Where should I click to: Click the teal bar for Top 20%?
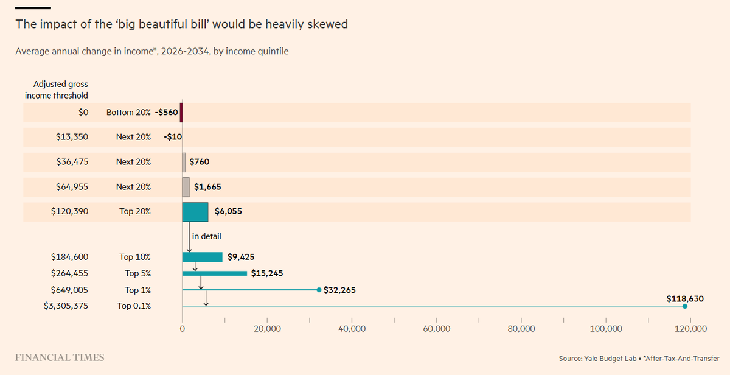pos(195,212)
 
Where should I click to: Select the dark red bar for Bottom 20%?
pos(181,113)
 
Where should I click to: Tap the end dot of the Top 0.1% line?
pos(685,306)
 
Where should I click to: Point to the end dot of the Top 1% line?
pos(319,290)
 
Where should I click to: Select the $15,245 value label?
pos(267,273)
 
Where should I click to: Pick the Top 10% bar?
pos(202,257)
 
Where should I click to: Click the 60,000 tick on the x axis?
pos(436,329)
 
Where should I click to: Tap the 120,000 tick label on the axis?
pos(690,329)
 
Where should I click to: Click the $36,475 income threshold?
pos(72,162)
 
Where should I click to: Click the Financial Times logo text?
pos(59,357)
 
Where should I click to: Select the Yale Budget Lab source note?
pos(638,358)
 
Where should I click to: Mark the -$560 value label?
pos(166,113)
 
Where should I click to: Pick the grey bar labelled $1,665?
pos(186,187)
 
